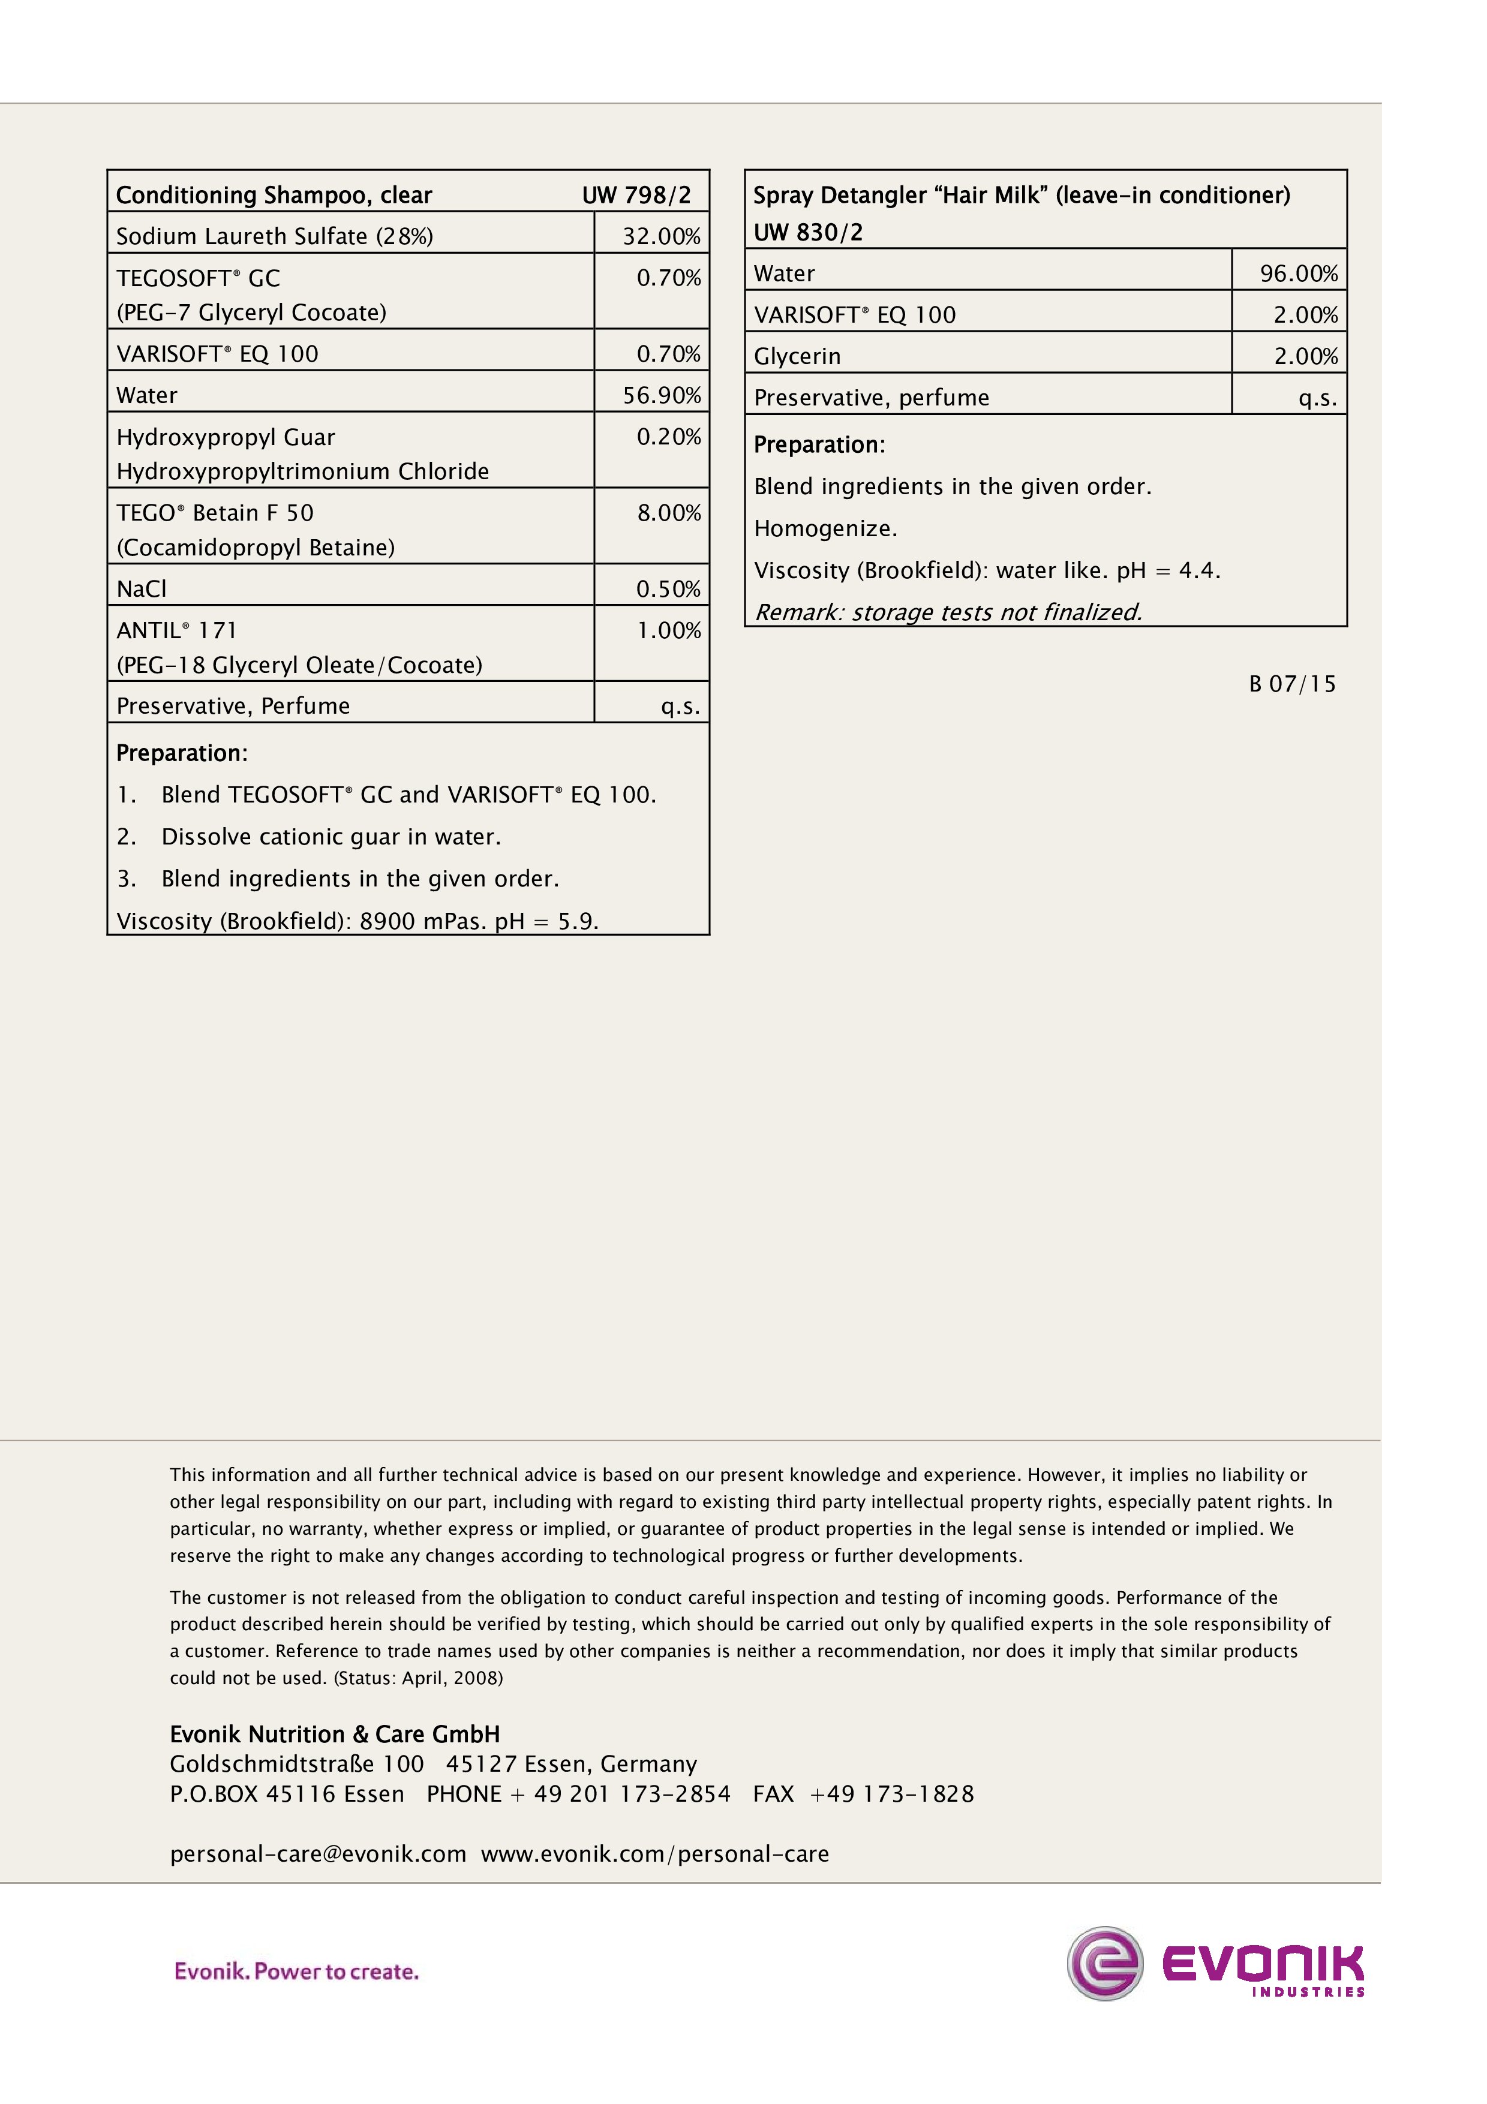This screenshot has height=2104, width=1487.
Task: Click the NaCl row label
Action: click(142, 589)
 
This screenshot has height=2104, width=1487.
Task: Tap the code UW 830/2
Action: click(807, 233)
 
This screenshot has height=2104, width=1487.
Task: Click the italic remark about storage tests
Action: click(947, 612)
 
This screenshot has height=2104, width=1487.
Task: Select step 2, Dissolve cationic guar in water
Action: click(330, 837)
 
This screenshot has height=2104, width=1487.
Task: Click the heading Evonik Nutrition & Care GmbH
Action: click(335, 1735)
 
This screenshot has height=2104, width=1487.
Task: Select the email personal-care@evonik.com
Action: click(318, 1854)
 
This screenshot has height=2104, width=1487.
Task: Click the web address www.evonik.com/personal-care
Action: click(654, 1854)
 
